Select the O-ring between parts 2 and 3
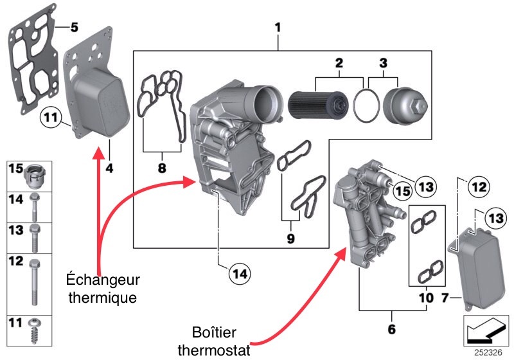click(367, 105)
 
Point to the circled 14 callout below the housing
click(240, 273)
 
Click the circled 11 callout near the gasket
click(50, 118)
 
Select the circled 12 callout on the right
click(476, 188)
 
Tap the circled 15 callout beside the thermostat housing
click(401, 191)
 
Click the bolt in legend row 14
click(36, 205)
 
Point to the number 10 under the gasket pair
click(425, 298)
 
